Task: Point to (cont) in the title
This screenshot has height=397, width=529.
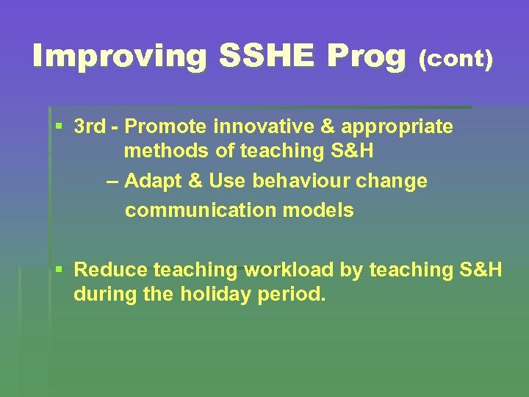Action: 456,59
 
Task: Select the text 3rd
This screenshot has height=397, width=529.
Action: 90,126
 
